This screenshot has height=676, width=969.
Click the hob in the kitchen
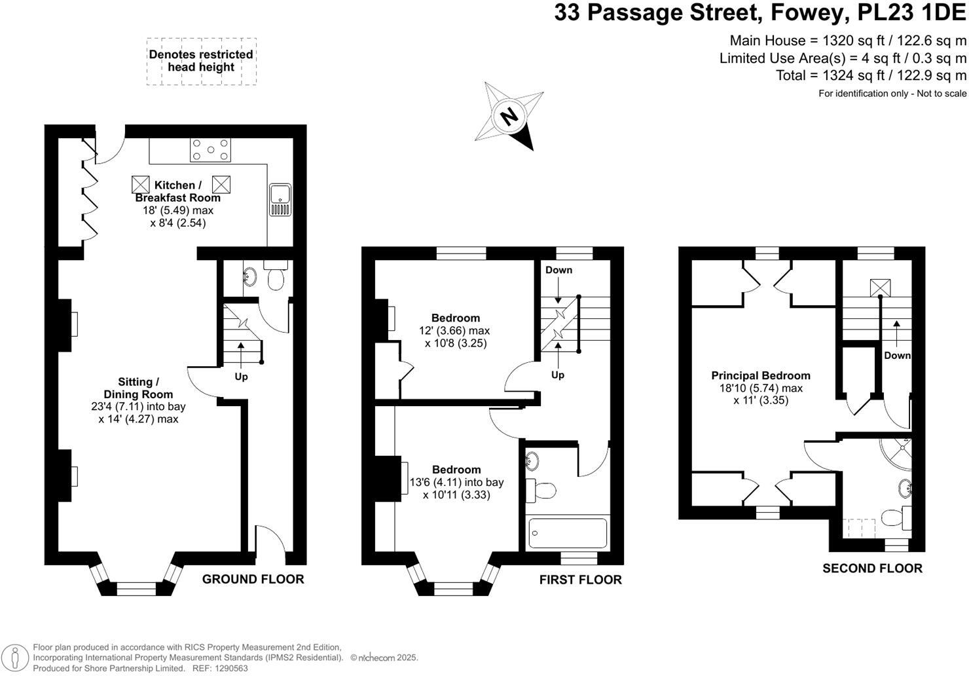click(210, 150)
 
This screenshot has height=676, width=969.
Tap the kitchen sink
click(280, 200)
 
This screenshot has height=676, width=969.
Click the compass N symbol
click(509, 116)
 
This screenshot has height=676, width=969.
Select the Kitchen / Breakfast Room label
click(178, 191)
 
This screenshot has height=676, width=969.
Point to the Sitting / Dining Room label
click(138, 388)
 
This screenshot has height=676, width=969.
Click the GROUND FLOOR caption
click(253, 579)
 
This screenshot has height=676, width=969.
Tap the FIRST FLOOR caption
click(581, 580)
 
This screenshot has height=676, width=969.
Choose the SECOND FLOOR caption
click(873, 568)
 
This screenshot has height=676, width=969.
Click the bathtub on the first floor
click(568, 533)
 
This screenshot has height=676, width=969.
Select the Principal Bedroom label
click(761, 375)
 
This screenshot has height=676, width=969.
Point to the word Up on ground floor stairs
click(241, 377)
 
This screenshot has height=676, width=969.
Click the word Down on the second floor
click(897, 355)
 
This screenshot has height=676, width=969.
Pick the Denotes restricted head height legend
click(201, 61)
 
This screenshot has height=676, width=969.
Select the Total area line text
click(871, 75)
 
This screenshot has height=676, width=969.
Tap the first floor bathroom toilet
click(541, 491)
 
